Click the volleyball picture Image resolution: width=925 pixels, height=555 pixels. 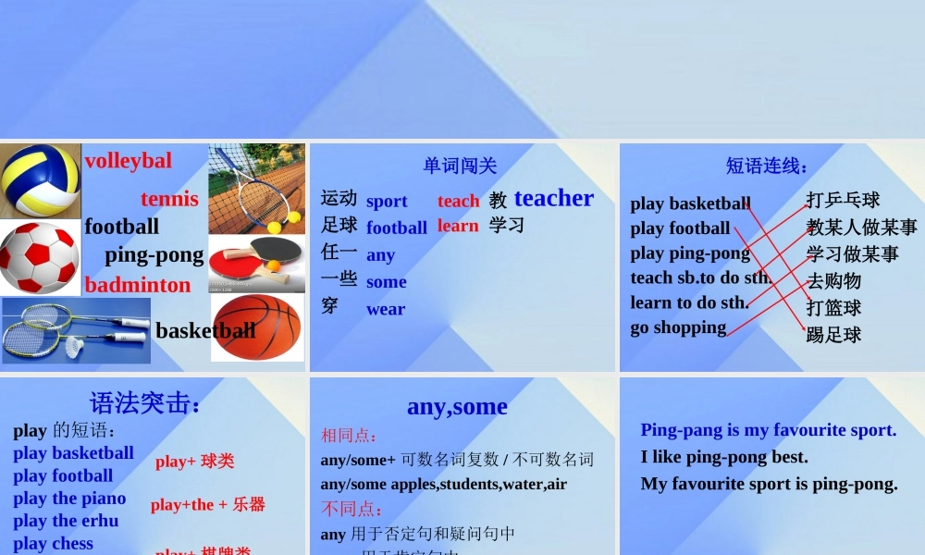coord(41,180)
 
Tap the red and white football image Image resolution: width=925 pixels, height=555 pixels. coord(39,257)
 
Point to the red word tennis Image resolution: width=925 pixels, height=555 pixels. coord(169,199)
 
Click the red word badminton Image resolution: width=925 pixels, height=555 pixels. coord(138,285)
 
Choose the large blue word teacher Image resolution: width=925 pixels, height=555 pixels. coord(554,198)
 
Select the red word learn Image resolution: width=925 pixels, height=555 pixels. coord(458,226)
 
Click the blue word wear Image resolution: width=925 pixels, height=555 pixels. coord(386,309)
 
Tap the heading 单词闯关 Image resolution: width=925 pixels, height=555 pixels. coord(460,166)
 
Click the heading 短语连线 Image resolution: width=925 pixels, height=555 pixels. coord(767,166)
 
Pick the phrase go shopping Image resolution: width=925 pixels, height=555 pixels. coord(678,327)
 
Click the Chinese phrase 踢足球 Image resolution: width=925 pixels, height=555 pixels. coord(833,335)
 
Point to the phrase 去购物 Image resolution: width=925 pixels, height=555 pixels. coord(833,280)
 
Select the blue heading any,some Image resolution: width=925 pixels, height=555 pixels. coord(457,406)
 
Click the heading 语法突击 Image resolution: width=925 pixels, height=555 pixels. coord(145,403)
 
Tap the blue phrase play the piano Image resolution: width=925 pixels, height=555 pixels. coord(69,499)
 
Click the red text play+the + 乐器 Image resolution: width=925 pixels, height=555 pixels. coord(208,505)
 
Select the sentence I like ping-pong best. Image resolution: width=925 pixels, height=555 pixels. coord(724,457)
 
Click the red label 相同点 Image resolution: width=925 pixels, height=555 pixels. coord(349,436)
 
